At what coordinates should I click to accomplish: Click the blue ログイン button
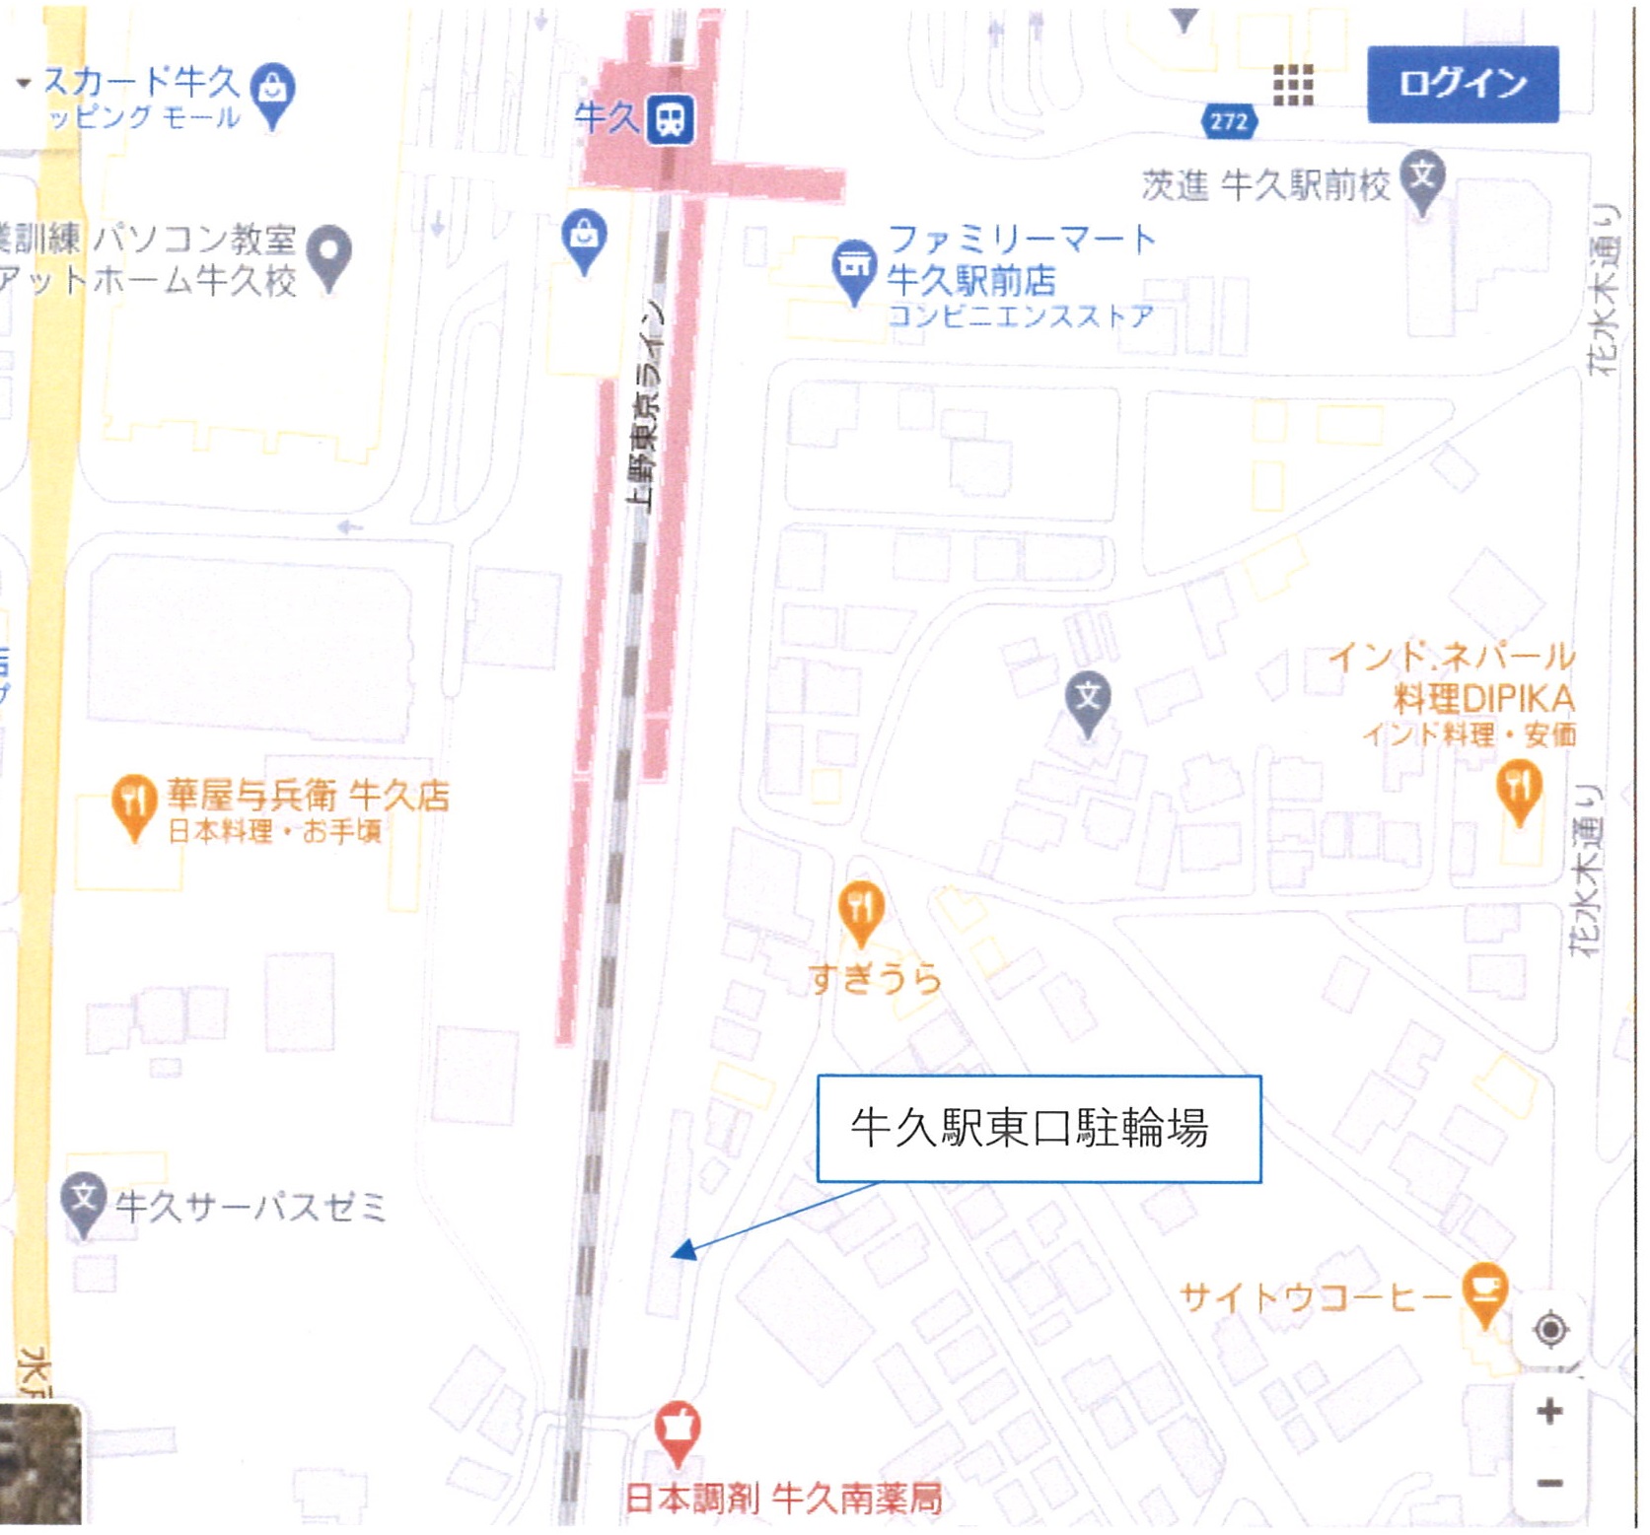point(1462,84)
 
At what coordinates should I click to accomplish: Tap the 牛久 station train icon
point(671,120)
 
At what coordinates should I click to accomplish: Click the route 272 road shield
point(1229,121)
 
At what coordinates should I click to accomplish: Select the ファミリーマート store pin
point(854,267)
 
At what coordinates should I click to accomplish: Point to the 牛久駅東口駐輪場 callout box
point(1039,1128)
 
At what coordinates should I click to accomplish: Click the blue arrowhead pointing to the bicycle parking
point(682,1251)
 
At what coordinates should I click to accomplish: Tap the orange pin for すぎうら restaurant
point(861,910)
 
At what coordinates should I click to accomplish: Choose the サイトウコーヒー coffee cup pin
point(1485,1292)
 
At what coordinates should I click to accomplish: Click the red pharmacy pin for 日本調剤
point(678,1430)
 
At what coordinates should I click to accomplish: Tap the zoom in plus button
point(1549,1411)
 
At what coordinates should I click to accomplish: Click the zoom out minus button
point(1549,1483)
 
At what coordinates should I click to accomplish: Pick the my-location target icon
point(1550,1330)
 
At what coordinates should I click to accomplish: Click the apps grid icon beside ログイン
point(1293,86)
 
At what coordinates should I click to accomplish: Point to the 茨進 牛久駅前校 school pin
point(1422,179)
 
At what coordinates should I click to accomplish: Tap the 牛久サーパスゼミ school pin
point(84,1201)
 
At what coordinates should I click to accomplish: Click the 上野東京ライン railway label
point(647,404)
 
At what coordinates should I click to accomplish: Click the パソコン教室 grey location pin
point(330,255)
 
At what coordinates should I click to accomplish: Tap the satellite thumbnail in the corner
point(40,1465)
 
